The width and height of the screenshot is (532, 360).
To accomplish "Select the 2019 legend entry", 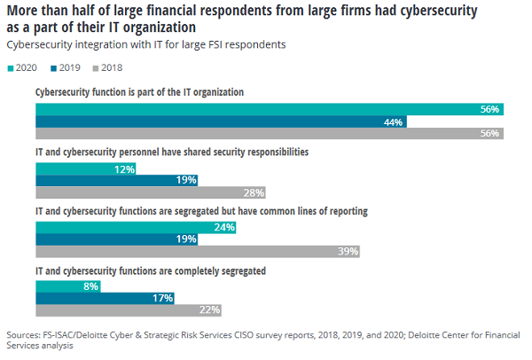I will (x=68, y=67).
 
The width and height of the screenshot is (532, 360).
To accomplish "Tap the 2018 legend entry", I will (x=109, y=67).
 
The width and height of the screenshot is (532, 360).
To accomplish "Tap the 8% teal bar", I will (x=67, y=286).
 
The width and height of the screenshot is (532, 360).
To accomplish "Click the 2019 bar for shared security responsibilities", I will (x=115, y=181).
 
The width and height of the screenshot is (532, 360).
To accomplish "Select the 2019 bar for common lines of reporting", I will (x=115, y=239).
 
